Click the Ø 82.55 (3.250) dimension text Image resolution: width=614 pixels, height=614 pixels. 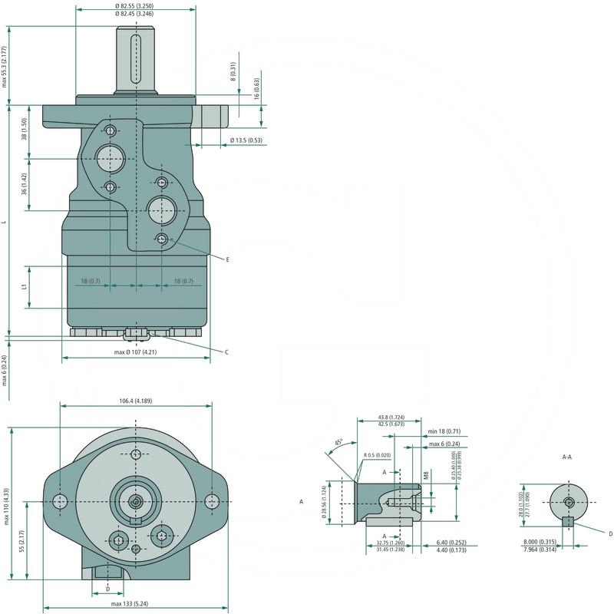click(x=137, y=6)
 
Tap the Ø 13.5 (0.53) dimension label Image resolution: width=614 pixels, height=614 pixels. click(x=246, y=140)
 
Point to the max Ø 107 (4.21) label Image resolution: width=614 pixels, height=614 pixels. click(x=135, y=352)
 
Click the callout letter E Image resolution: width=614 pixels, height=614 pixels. click(x=228, y=260)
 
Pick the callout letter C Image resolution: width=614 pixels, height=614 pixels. click(x=226, y=352)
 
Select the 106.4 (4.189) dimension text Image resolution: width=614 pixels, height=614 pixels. click(x=136, y=400)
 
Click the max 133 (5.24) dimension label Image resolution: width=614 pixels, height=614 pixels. click(x=136, y=604)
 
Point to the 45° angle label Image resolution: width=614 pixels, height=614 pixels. click(x=338, y=443)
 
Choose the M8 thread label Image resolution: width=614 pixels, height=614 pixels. click(x=426, y=476)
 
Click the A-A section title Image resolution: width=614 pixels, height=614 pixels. click(x=567, y=457)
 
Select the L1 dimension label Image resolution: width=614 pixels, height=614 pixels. click(x=25, y=287)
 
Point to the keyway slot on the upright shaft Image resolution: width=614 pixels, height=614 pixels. click(x=136, y=58)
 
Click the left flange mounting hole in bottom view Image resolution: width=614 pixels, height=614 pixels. click(x=61, y=501)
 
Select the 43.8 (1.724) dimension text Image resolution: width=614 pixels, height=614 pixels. click(x=391, y=418)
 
